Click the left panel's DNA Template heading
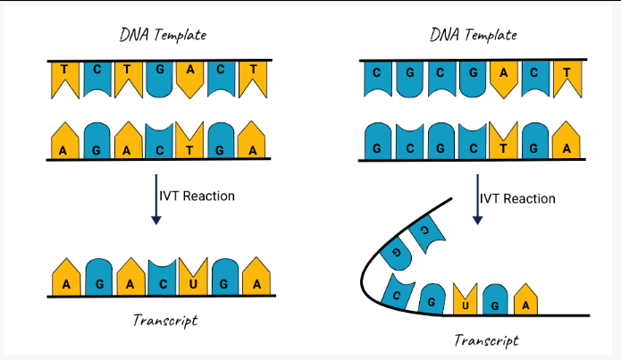(x=164, y=36)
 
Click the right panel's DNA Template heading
(x=474, y=36)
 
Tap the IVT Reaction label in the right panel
(x=517, y=198)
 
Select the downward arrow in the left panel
(x=156, y=201)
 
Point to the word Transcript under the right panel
(x=486, y=339)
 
